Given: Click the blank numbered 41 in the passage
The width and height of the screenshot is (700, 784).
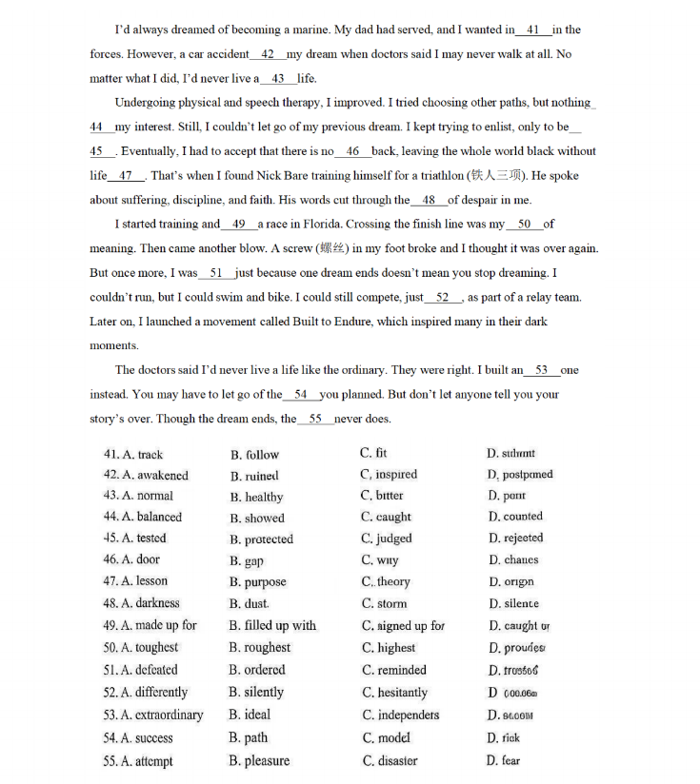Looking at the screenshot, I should coord(532,30).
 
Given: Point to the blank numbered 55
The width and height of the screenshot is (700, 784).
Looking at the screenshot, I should coord(315,420).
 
